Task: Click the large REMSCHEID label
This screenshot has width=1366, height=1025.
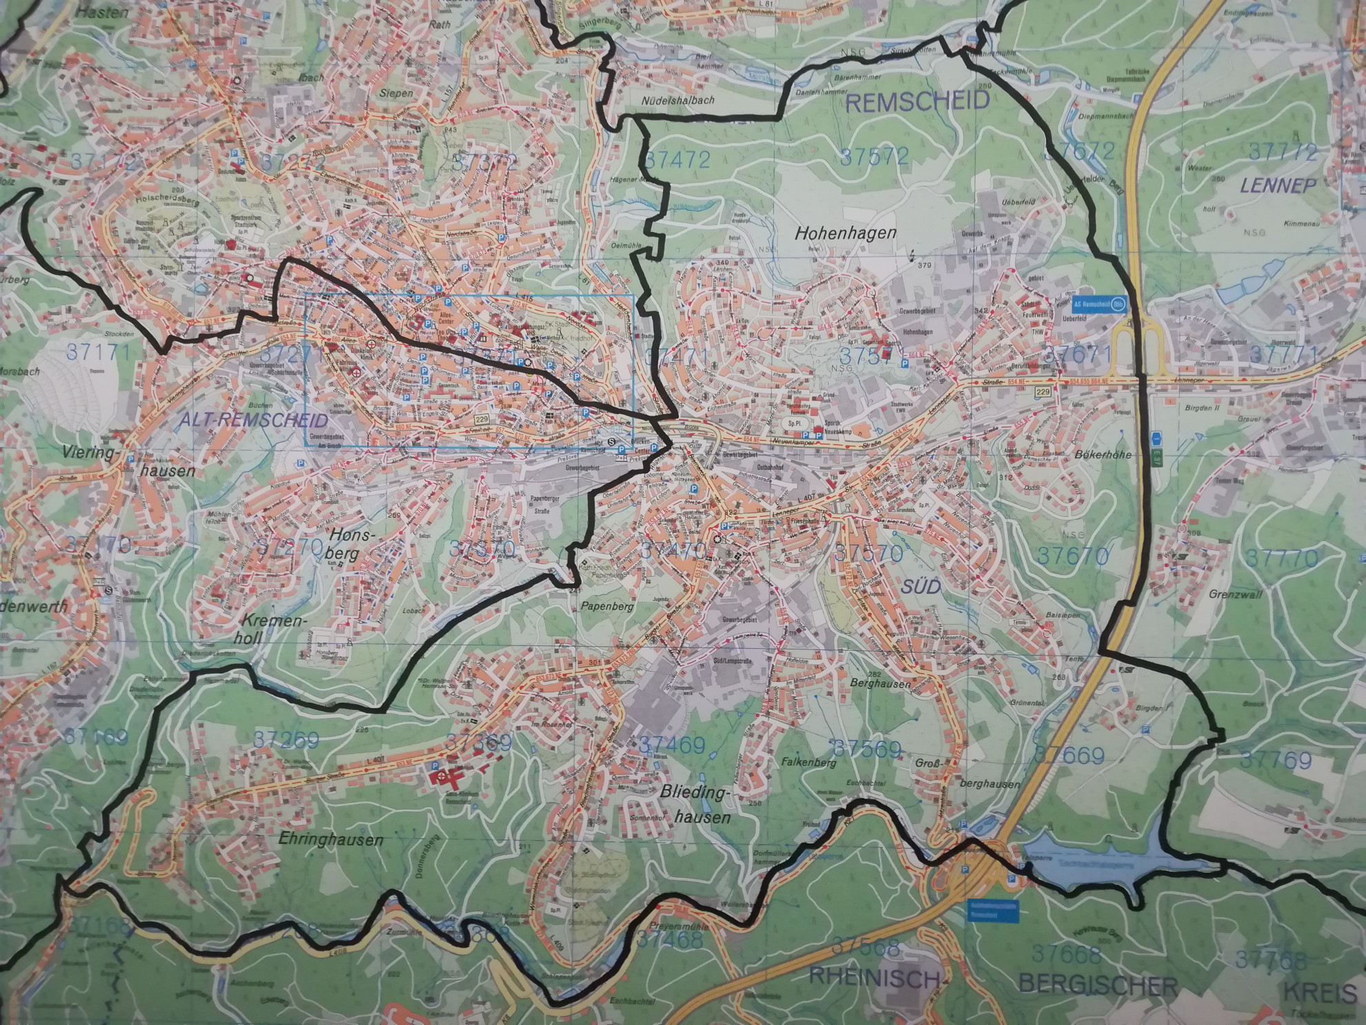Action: pos(917,102)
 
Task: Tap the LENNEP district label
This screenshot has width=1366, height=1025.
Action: pos(1278,184)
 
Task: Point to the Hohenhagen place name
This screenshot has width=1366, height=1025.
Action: pos(845,233)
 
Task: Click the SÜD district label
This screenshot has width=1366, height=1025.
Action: pos(920,587)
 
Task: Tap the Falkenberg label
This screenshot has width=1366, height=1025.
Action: pos(809,763)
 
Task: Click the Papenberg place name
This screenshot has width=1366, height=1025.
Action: pos(606,607)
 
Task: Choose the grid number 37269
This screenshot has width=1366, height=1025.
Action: pos(286,740)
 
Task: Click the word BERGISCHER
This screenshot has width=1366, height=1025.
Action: pos(1097,985)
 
